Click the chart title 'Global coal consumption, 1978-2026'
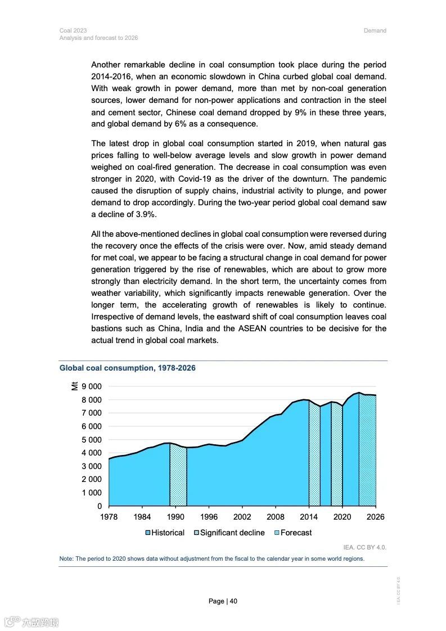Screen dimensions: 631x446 (x=128, y=368)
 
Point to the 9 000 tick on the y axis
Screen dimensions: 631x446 (x=91, y=386)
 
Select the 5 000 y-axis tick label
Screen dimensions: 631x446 (x=91, y=440)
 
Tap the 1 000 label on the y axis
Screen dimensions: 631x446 (x=91, y=493)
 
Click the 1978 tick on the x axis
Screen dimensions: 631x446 (x=109, y=517)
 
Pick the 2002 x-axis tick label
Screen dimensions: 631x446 (x=242, y=517)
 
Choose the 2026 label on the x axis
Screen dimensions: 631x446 (x=375, y=517)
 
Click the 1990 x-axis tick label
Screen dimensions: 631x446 (x=175, y=517)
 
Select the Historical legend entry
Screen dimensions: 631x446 (x=165, y=533)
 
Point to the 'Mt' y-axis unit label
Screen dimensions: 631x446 (x=74, y=385)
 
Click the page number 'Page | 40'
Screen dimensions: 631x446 (x=223, y=601)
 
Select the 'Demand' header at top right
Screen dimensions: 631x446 (x=375, y=30)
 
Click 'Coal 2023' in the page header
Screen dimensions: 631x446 (x=73, y=30)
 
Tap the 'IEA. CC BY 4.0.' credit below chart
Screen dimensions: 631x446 (x=365, y=547)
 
